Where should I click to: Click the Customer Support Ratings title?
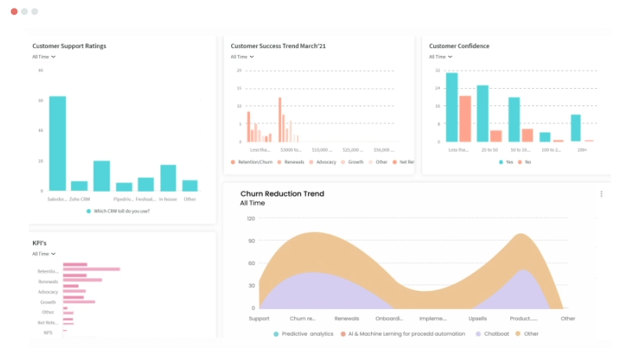click(69, 46)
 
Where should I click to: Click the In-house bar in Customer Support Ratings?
click(168, 178)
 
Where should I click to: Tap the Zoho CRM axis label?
click(79, 199)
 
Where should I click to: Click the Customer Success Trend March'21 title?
click(278, 46)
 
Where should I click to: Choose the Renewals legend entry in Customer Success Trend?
click(290, 162)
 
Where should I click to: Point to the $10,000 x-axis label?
click(322, 149)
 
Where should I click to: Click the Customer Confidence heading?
click(459, 46)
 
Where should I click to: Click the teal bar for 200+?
click(576, 128)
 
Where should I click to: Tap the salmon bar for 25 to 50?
click(496, 136)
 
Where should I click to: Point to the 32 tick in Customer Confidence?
click(438, 70)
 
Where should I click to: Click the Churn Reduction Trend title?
click(281, 193)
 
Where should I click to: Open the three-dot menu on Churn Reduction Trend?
click(601, 194)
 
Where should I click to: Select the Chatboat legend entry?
click(495, 334)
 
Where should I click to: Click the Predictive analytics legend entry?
click(303, 334)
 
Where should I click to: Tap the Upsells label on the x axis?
click(478, 318)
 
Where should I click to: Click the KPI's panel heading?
click(39, 244)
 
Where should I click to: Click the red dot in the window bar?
click(14, 12)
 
